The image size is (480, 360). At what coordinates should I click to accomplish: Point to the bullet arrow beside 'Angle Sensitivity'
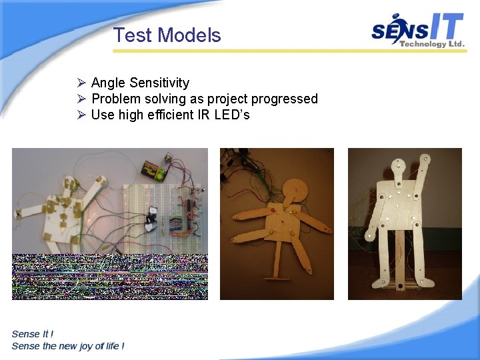(81, 83)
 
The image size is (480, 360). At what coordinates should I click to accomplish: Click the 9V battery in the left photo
(155, 171)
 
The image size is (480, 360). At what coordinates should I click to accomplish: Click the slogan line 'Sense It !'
(33, 334)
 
